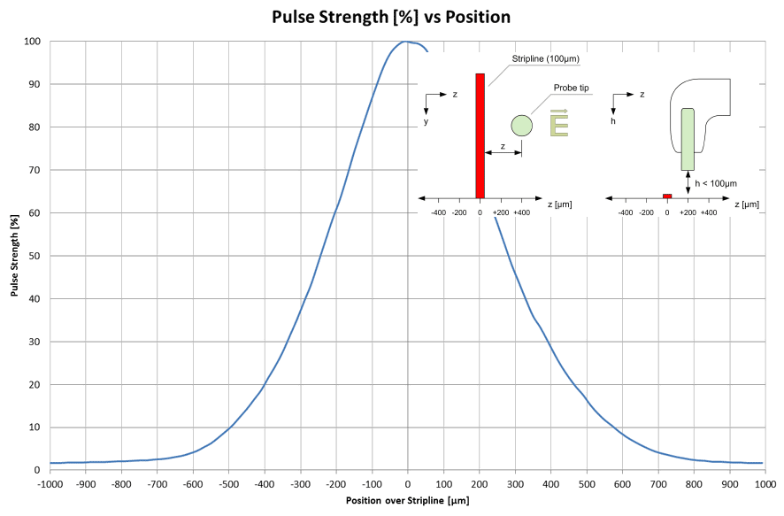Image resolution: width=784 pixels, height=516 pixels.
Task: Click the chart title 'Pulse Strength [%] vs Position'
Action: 392,16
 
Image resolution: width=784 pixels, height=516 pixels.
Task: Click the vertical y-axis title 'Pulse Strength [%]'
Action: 15,256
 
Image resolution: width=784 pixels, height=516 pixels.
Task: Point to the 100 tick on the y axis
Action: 31,42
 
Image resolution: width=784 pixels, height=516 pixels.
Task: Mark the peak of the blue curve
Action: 406,42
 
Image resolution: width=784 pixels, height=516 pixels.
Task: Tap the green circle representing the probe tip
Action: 521,126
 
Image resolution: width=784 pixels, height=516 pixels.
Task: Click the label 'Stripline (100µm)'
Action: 543,58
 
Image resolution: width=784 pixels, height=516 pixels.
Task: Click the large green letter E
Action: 559,123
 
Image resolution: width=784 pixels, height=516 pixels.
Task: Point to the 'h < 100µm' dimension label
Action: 715,183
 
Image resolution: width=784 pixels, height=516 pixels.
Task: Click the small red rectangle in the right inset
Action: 667,196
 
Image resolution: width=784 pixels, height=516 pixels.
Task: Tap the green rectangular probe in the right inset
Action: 688,139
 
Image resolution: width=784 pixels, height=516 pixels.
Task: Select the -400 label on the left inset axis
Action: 437,212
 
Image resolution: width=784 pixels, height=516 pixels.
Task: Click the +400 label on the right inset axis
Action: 709,212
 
